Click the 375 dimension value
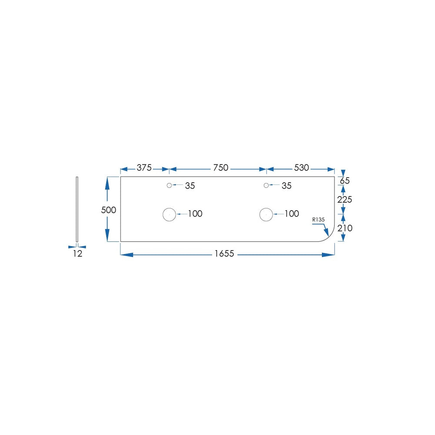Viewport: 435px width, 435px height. click(144, 167)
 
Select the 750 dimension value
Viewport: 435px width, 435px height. click(221, 167)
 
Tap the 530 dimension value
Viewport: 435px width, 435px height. click(301, 167)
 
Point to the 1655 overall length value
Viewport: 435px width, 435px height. click(224, 254)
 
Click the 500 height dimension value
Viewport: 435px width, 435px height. click(108, 210)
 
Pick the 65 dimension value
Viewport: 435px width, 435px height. click(345, 181)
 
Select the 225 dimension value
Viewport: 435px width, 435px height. click(345, 200)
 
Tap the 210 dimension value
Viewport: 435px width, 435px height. click(345, 228)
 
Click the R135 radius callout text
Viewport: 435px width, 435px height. click(318, 219)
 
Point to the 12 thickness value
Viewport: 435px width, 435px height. click(78, 254)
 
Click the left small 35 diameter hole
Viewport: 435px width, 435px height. click(169, 185)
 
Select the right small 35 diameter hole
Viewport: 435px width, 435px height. click(266, 185)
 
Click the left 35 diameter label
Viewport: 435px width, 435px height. click(190, 186)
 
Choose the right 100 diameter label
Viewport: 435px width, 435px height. click(291, 214)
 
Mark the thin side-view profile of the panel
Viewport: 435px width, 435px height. click(77, 209)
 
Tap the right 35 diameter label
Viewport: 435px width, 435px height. click(287, 186)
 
